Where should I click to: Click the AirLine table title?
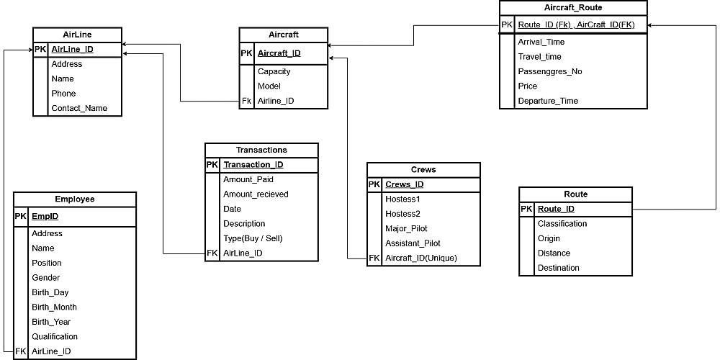[x=77, y=35]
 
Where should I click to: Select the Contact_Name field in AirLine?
[x=79, y=108]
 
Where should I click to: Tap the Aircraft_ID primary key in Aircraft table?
[x=279, y=53]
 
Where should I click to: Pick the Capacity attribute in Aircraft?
[x=274, y=71]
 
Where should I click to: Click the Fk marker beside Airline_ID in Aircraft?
[x=246, y=101]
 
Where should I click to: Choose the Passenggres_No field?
[x=550, y=71]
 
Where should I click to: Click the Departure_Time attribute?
[x=548, y=101]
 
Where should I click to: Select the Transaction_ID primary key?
[x=253, y=165]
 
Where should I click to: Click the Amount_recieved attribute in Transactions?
[x=256, y=194]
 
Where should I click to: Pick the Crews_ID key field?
[x=405, y=185]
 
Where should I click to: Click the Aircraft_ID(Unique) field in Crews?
[x=421, y=258]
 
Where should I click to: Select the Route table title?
[x=575, y=194]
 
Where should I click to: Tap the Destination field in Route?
[x=558, y=268]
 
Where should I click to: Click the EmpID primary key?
[x=45, y=215]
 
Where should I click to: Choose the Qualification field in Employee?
[x=55, y=336]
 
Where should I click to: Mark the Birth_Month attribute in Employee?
[x=54, y=307]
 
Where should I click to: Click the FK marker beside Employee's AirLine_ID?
[x=21, y=351]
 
